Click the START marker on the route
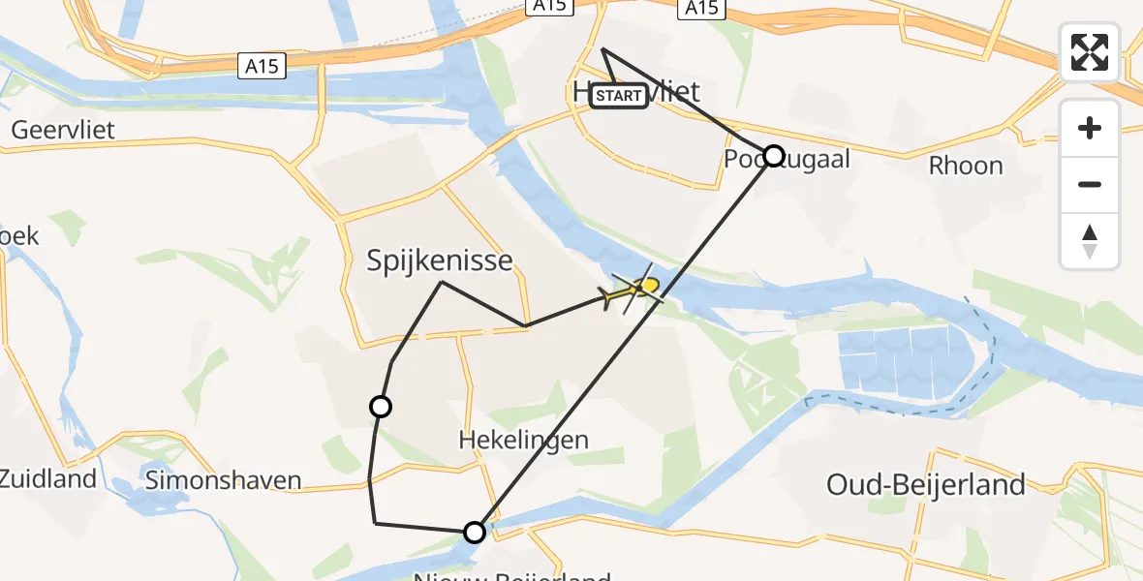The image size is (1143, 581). pos(619,96)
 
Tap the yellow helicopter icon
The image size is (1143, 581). pos(635,290)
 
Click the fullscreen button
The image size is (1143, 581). pos(1090,52)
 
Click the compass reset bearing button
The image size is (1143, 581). pos(1090,241)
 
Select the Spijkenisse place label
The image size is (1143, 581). pos(439,260)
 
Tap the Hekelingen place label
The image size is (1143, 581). pos(523,440)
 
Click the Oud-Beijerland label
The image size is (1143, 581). pos(925,484)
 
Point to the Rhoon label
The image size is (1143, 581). pos(965,166)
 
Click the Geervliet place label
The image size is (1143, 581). pos(63,130)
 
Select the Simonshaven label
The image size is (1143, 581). pos(222,479)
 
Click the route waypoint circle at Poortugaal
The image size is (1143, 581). pos(773,155)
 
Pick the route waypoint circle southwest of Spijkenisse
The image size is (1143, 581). pos(381,407)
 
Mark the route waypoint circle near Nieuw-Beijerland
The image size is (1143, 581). pos(475,532)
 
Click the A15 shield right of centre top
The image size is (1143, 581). pos(700,9)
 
